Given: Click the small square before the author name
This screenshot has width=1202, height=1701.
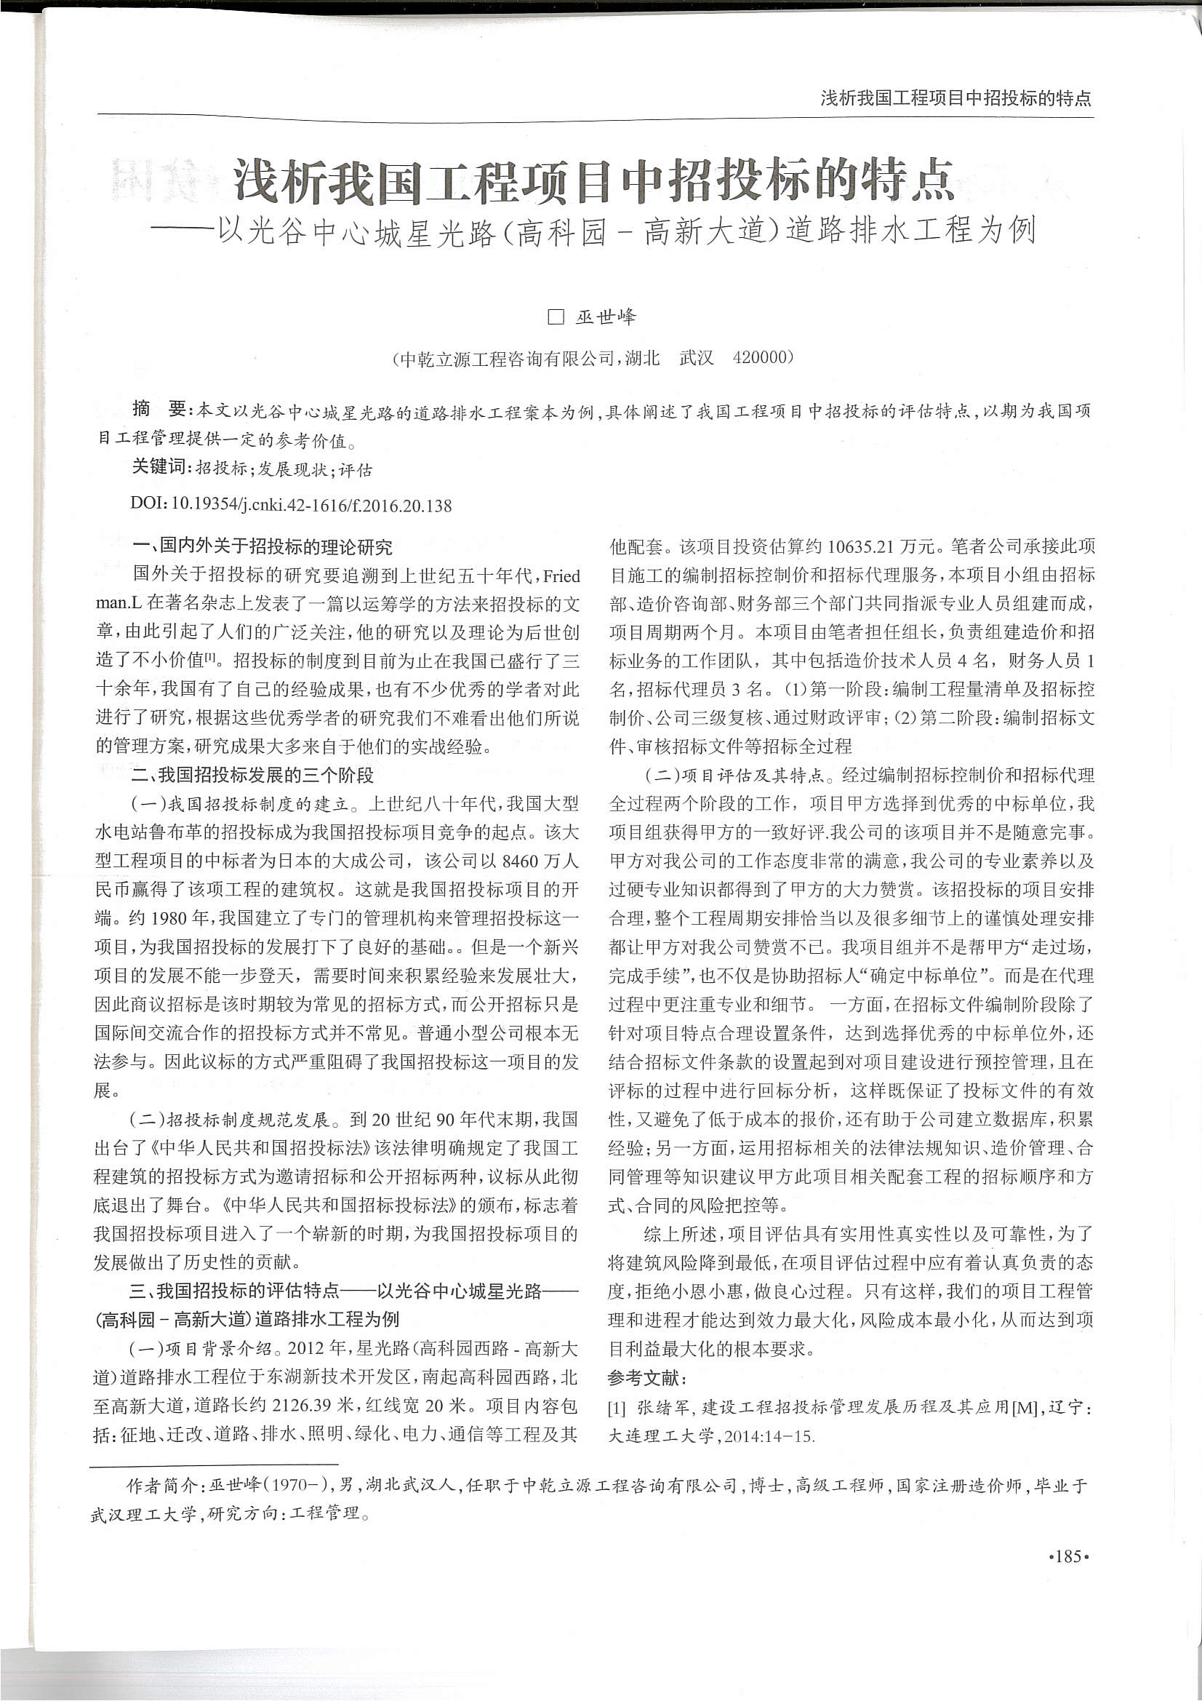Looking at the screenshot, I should (556, 317).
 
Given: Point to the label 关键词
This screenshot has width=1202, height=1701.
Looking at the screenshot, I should (159, 468).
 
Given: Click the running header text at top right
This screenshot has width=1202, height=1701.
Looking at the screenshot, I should (955, 97).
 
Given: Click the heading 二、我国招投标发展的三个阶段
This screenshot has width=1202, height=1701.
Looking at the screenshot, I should (252, 776).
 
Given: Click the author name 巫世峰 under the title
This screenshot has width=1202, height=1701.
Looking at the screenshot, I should (606, 317).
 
